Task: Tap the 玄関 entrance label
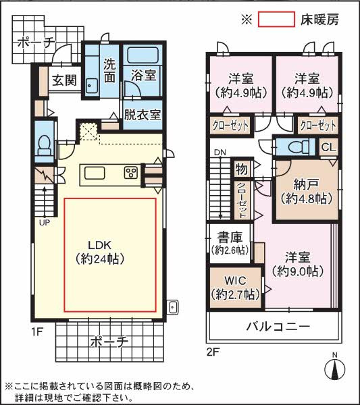click(66, 80)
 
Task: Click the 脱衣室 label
click(142, 115)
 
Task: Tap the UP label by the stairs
click(44, 222)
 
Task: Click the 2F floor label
click(213, 350)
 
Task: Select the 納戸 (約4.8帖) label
click(305, 191)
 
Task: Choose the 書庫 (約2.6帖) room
click(229, 244)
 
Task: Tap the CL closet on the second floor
click(327, 147)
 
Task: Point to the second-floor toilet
click(294, 146)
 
